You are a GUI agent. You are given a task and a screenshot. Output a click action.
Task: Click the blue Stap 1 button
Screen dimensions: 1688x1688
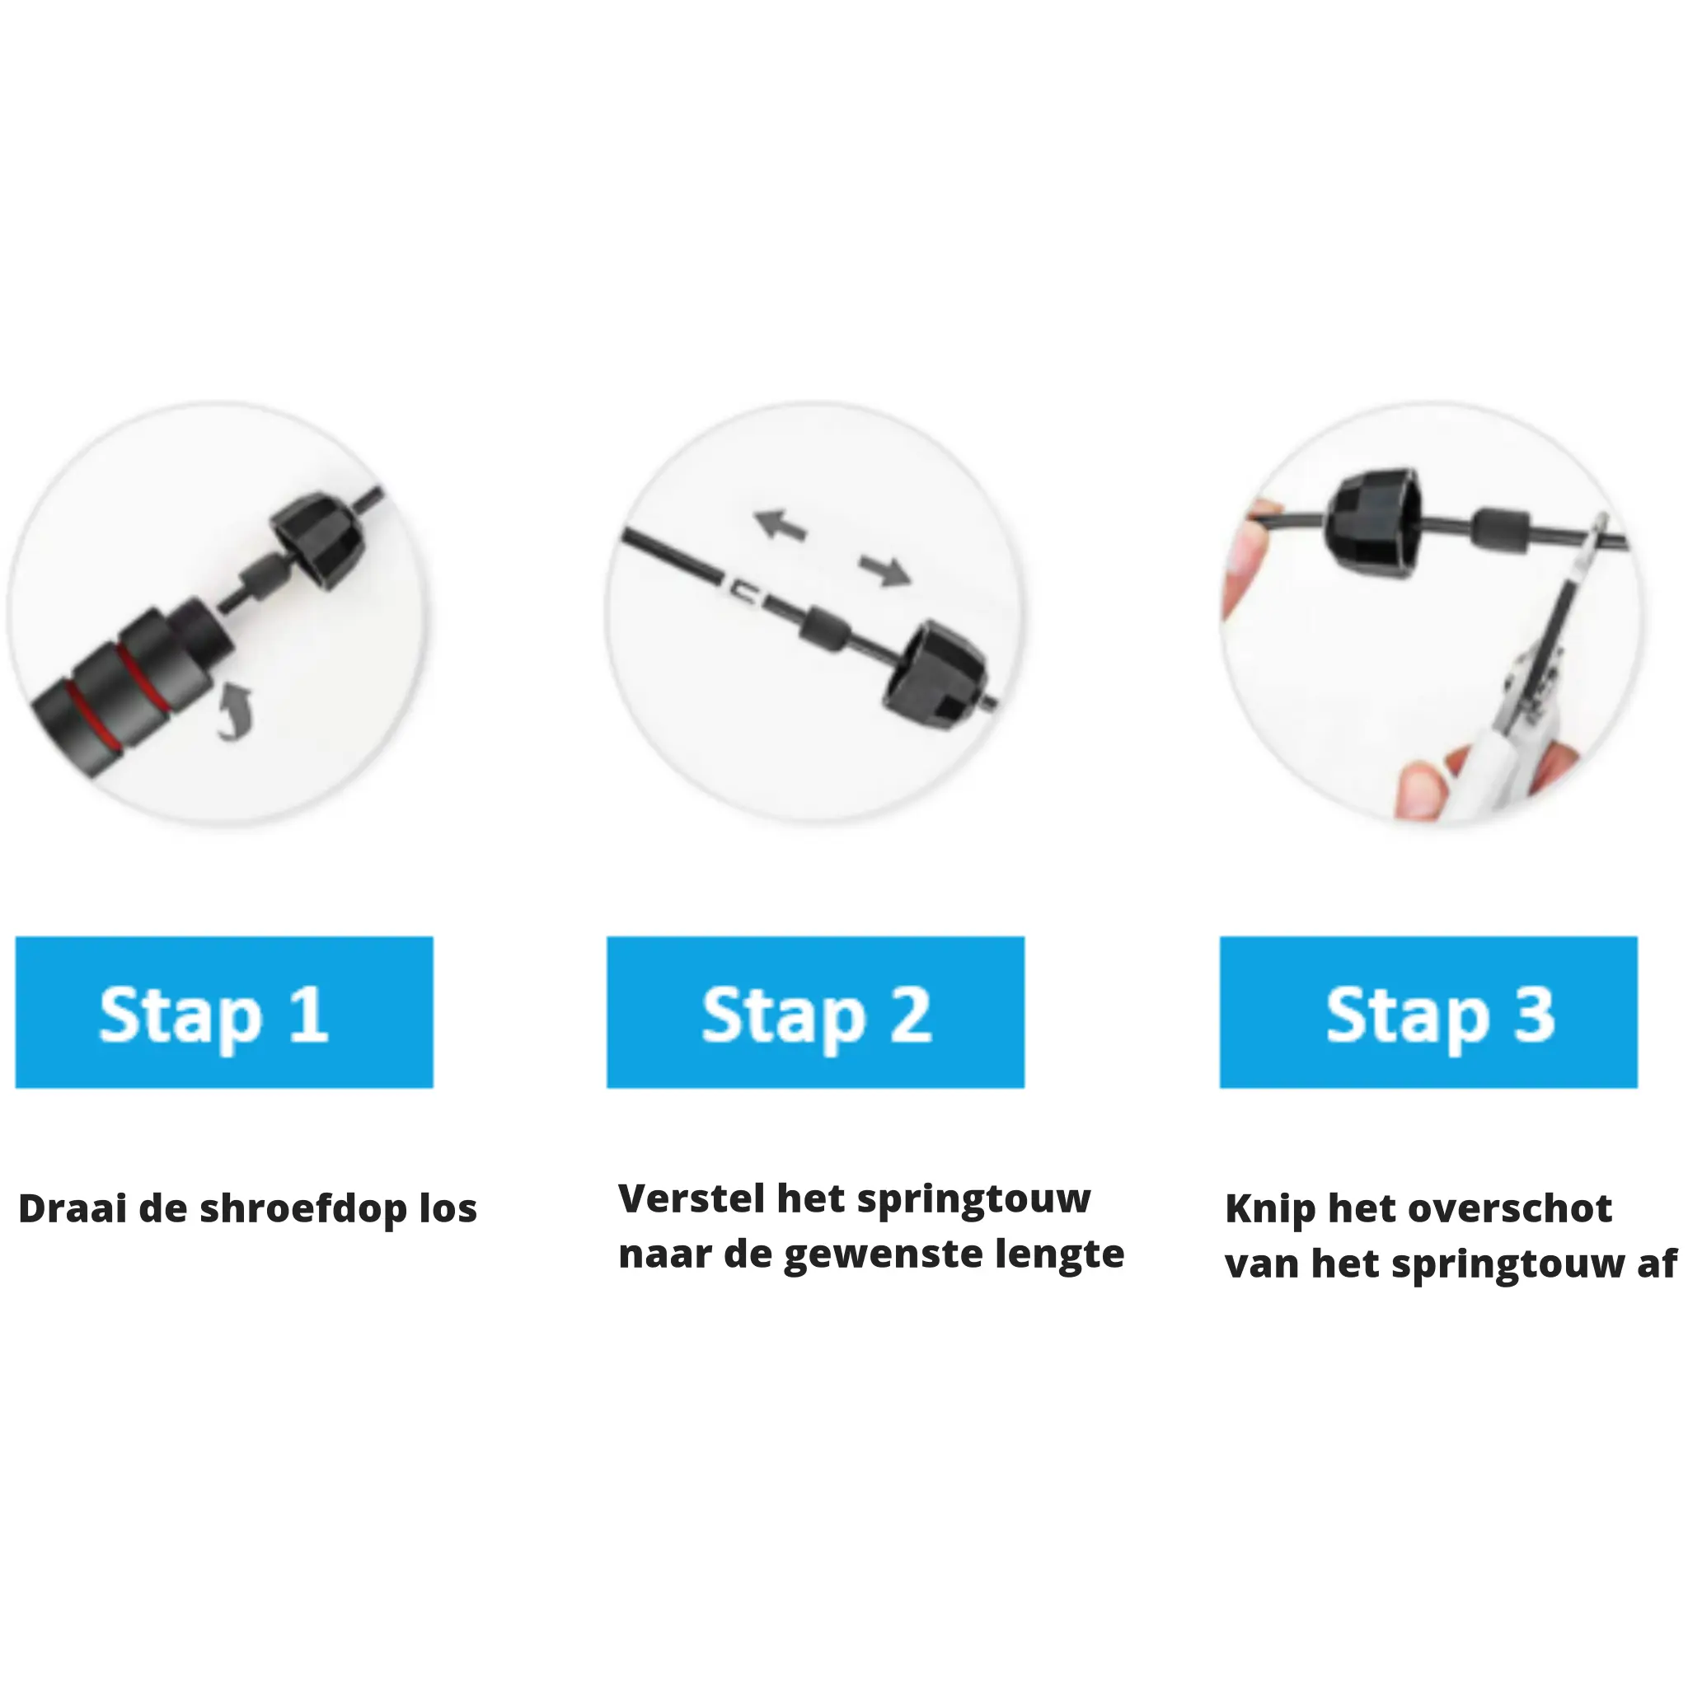pos(224,1012)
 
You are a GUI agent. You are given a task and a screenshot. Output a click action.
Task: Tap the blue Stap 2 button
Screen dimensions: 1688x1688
pos(815,1012)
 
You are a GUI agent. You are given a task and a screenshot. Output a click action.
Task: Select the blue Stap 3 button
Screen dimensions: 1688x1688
pos(1428,1012)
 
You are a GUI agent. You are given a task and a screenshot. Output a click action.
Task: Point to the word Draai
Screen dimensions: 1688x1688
pos(73,1209)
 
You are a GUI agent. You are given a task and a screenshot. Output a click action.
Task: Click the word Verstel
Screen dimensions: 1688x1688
pos(690,1198)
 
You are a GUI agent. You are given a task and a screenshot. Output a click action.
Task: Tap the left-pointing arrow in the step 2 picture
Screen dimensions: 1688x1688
pos(780,524)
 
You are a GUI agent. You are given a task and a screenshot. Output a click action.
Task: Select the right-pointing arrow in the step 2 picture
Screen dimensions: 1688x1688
pos(884,570)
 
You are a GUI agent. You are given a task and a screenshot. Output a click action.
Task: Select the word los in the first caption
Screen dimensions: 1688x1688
pos(448,1209)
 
